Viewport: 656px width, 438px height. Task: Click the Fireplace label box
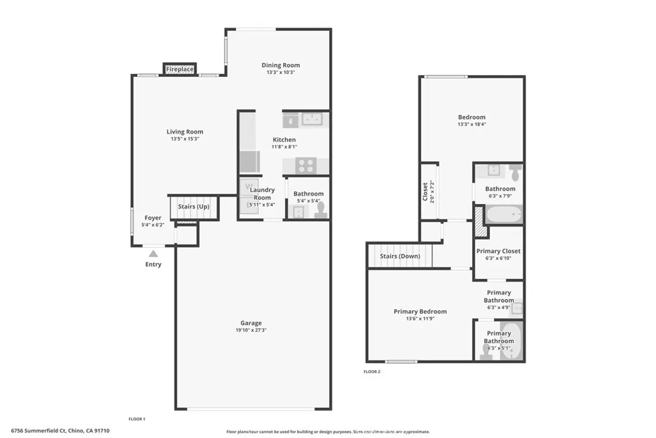(180, 69)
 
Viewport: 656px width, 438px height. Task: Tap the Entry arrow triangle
(153, 254)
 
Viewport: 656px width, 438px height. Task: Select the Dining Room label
(281, 65)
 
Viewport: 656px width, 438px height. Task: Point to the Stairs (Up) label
(193, 206)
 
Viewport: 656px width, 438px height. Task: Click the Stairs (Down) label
(400, 256)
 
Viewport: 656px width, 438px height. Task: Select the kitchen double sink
(312, 119)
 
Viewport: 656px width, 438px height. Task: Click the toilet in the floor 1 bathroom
(320, 209)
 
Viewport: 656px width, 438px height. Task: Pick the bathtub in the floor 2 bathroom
(504, 213)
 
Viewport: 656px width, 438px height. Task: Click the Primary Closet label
(498, 251)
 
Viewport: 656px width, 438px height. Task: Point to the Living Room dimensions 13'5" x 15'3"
(185, 139)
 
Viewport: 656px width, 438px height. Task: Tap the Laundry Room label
(262, 194)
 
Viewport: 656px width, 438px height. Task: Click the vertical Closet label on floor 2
(425, 192)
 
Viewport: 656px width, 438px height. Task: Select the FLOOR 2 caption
(372, 371)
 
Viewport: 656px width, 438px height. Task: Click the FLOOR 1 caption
(137, 419)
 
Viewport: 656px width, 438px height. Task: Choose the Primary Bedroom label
(420, 312)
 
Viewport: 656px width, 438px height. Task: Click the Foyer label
(152, 218)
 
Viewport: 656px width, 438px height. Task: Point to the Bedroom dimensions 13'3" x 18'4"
(472, 124)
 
